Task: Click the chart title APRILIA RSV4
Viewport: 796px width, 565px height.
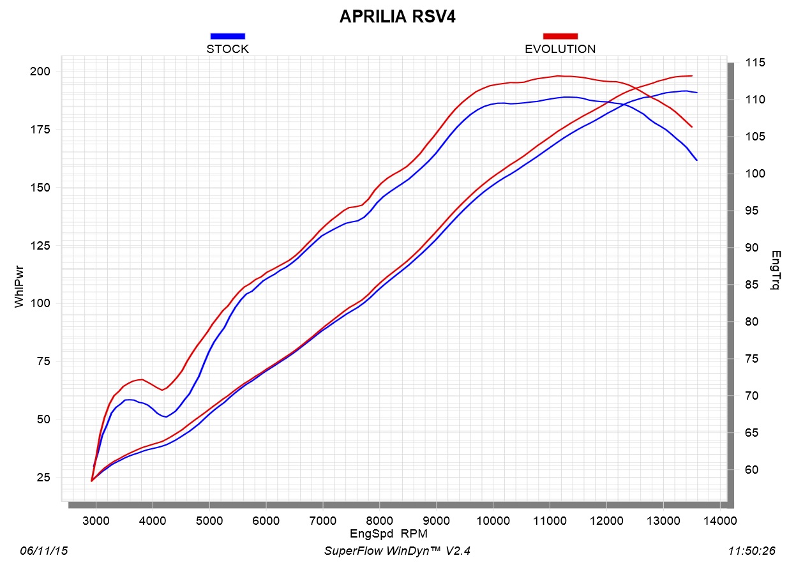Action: [x=397, y=17]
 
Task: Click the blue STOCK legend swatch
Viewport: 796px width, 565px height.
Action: [x=227, y=36]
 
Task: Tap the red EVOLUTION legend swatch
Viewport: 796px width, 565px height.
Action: [x=560, y=36]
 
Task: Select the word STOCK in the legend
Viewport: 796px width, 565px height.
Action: [x=227, y=49]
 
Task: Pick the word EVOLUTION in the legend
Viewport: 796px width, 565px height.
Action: [x=560, y=49]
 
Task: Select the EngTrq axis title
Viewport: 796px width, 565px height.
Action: [x=776, y=270]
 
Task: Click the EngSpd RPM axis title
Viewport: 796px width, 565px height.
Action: [x=388, y=532]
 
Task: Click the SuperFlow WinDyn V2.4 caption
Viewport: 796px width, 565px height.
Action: [x=397, y=550]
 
